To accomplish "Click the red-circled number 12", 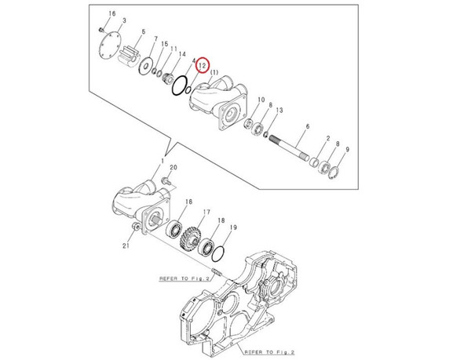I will coord(202,66).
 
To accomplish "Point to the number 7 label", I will coord(156,39).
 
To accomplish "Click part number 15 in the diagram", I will coord(163,45).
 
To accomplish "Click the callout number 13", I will coord(280,111).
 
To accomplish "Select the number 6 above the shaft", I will coord(309,126).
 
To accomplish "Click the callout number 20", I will coord(173,168).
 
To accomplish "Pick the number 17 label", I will coord(207,212).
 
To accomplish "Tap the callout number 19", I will coord(233,227).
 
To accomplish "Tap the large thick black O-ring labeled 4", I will coord(179,84).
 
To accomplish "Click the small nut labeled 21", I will coord(137,227).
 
